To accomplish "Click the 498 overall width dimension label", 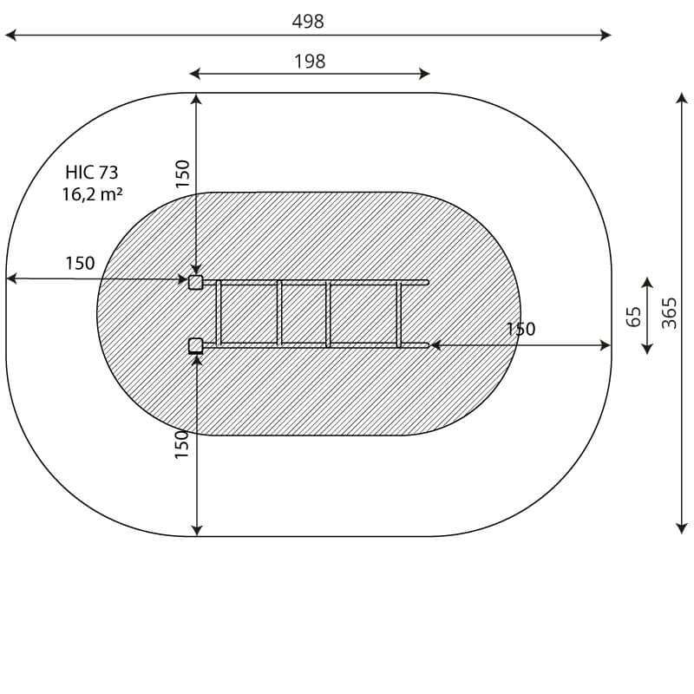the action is (x=308, y=21).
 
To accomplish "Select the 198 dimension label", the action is (x=310, y=62).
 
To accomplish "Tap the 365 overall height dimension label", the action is (x=669, y=313).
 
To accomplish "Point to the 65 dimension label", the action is (x=634, y=316).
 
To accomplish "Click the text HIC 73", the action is (x=92, y=172).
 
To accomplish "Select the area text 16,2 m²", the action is (x=92, y=194).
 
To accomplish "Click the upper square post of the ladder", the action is (x=196, y=282).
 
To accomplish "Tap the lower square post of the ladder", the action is (x=196, y=345).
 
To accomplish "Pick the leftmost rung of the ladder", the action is (x=219, y=313).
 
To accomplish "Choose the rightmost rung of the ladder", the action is (x=399, y=313).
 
